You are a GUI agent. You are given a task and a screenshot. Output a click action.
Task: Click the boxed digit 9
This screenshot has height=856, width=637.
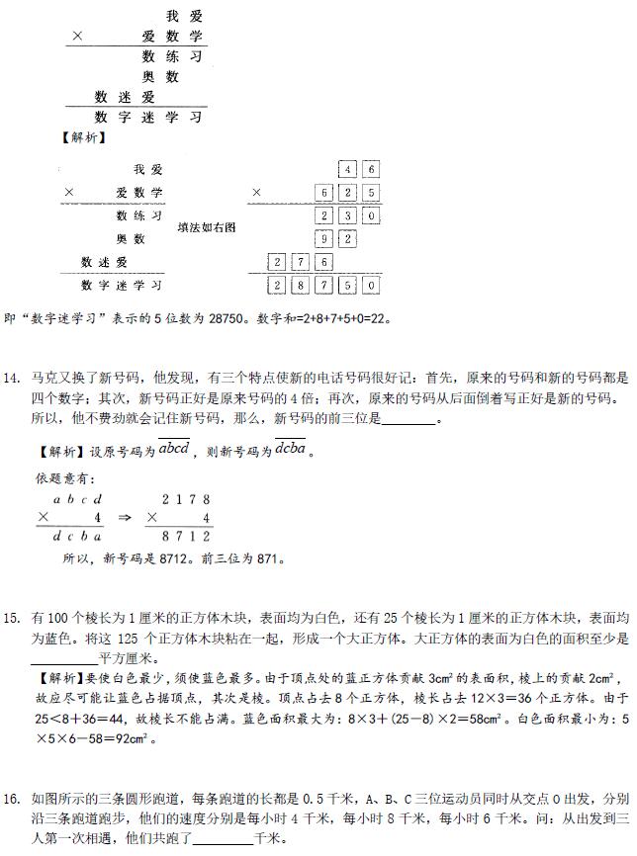325,238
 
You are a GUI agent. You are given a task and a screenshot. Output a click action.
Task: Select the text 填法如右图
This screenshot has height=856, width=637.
207,226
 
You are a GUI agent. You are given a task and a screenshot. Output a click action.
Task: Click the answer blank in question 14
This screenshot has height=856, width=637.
408,418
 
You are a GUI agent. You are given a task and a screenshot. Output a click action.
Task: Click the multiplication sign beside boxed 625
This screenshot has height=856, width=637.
257,193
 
